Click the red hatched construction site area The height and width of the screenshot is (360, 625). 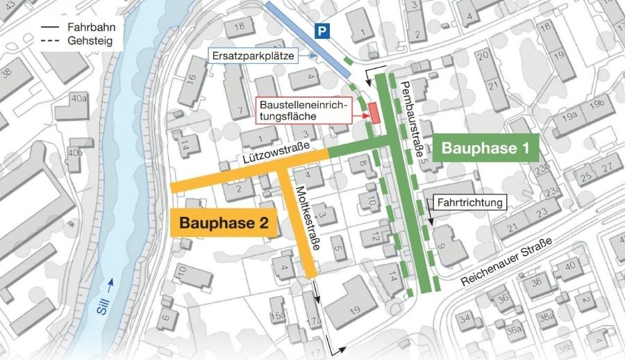(374, 113)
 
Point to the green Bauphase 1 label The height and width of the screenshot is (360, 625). (485, 148)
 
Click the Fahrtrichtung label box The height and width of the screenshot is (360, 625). (472, 202)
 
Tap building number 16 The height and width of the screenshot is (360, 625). (192, 81)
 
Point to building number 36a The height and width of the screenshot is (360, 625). (514, 330)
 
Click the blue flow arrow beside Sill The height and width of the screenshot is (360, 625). (110, 284)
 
